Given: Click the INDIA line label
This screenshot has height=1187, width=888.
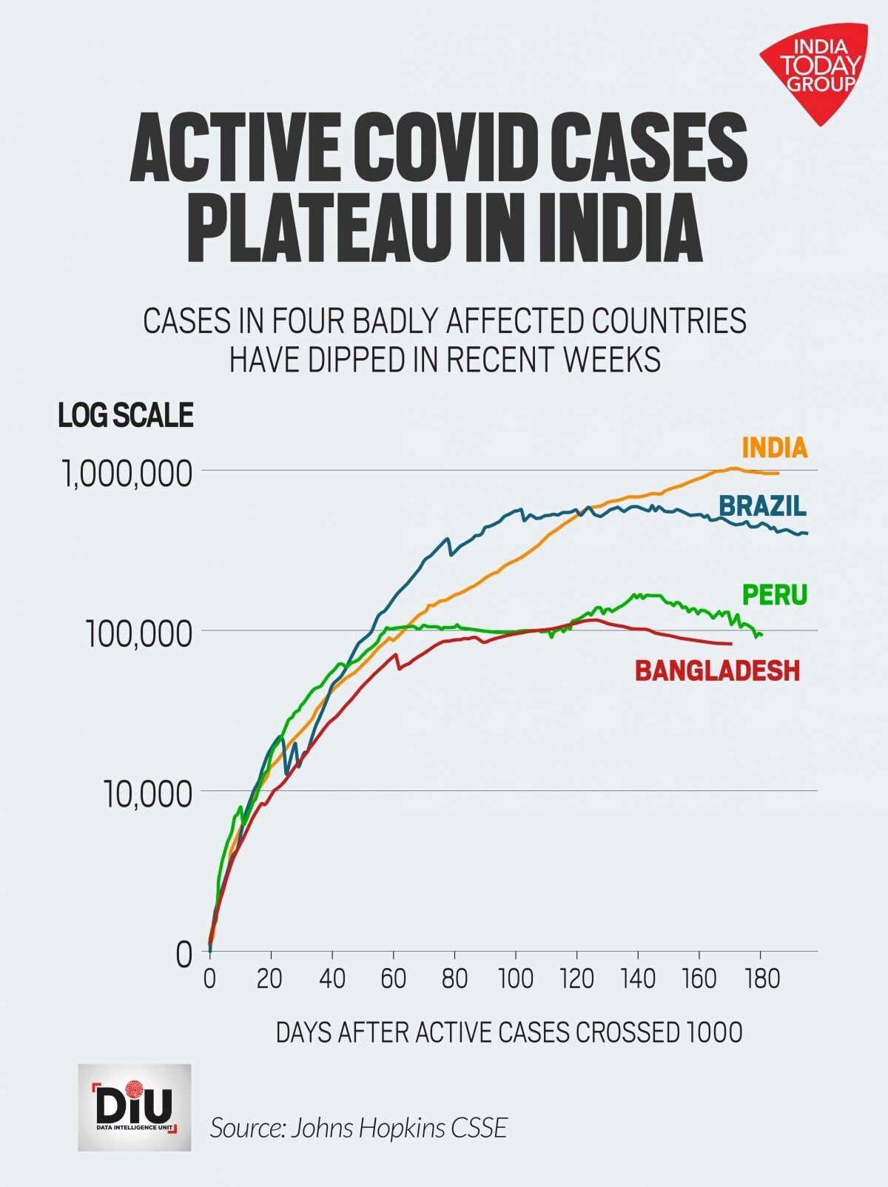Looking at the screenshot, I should (x=774, y=448).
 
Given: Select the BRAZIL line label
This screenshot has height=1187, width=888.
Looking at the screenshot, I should (x=762, y=506).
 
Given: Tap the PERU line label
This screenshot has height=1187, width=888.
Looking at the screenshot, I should (x=774, y=594).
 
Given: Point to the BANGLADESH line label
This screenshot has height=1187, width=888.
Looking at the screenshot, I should (x=717, y=670).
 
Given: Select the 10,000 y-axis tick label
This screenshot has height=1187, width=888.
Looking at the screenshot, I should (x=147, y=794).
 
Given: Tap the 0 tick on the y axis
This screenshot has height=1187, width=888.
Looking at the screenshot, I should (x=184, y=955).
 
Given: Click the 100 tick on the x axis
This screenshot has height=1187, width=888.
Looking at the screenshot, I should (x=516, y=979).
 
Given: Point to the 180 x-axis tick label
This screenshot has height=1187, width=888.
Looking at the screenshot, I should (x=761, y=979).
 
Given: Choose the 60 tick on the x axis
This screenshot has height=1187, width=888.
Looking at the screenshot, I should (x=394, y=979).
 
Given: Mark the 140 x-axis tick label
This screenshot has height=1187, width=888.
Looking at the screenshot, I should (x=639, y=979).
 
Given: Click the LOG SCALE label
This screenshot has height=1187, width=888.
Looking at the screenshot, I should (x=126, y=415).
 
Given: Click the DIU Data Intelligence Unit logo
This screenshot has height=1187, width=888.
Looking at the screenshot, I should (x=135, y=1107).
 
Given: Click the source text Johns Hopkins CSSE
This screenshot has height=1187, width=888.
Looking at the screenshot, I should (x=359, y=1128).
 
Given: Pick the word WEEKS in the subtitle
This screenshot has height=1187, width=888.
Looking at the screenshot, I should (x=611, y=360).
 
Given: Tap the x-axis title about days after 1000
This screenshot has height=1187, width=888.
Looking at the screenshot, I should (x=509, y=1032).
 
